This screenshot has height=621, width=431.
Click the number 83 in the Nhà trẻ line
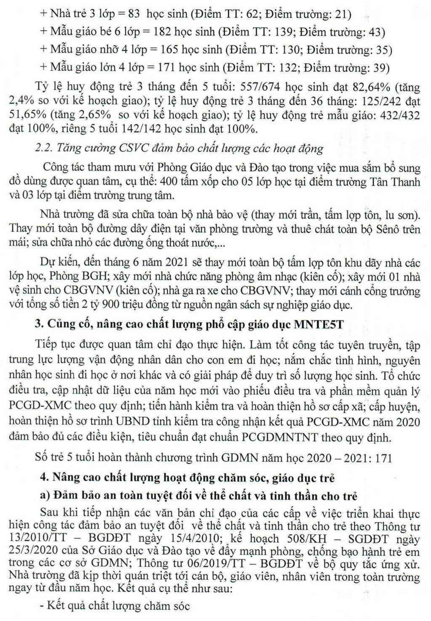click(133, 14)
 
